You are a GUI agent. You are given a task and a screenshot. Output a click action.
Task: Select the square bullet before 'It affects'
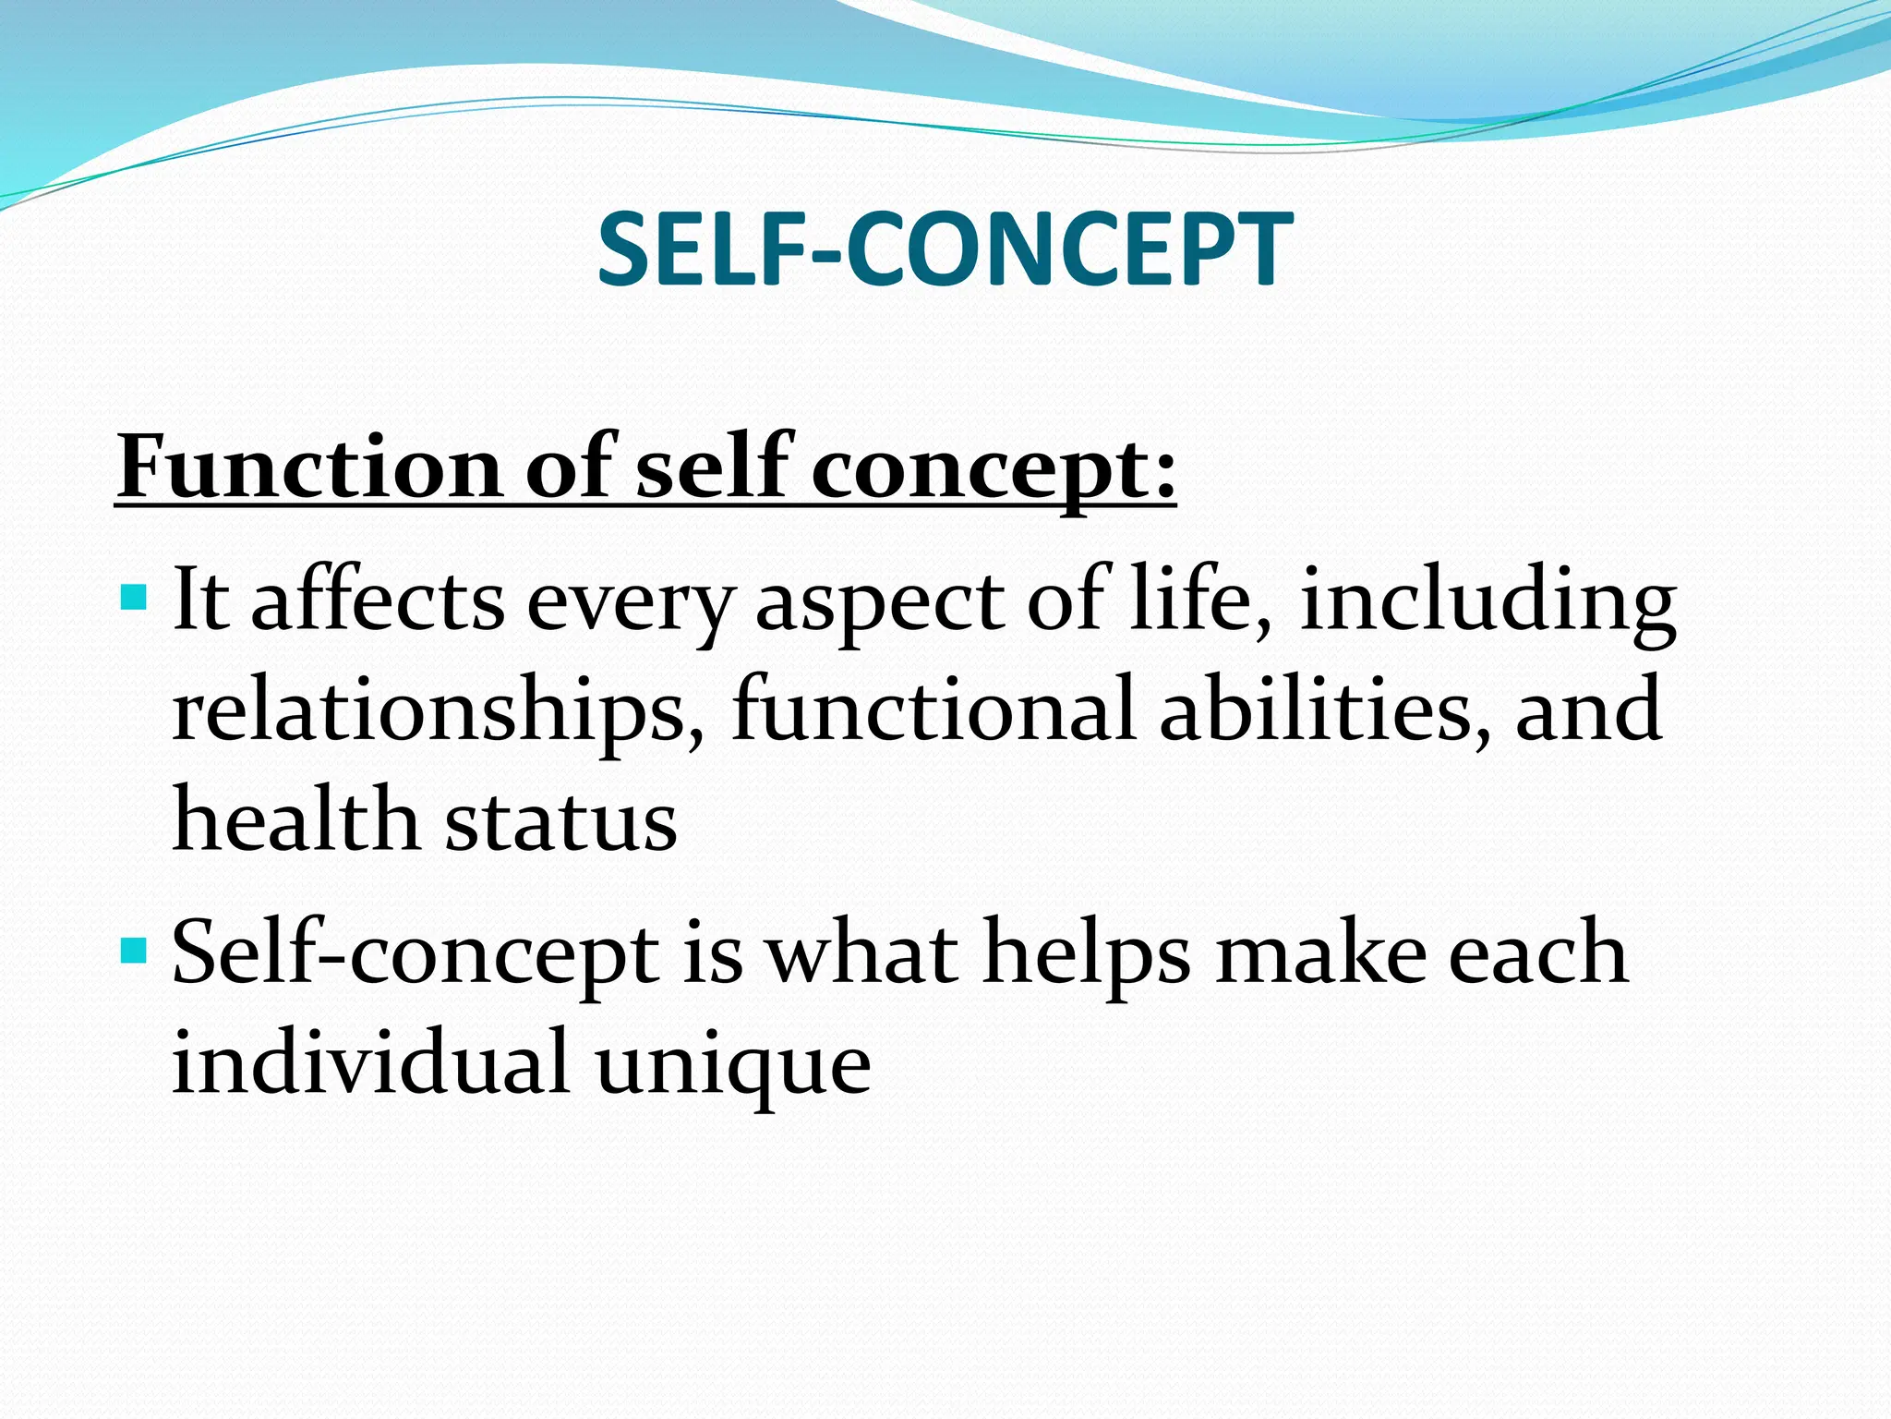point(134,597)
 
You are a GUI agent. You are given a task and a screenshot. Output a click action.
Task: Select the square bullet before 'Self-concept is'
point(134,949)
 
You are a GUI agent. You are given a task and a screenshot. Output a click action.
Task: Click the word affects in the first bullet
point(378,600)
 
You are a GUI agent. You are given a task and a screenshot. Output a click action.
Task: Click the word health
point(296,819)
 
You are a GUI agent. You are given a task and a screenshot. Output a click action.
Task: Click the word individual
point(369,1062)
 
